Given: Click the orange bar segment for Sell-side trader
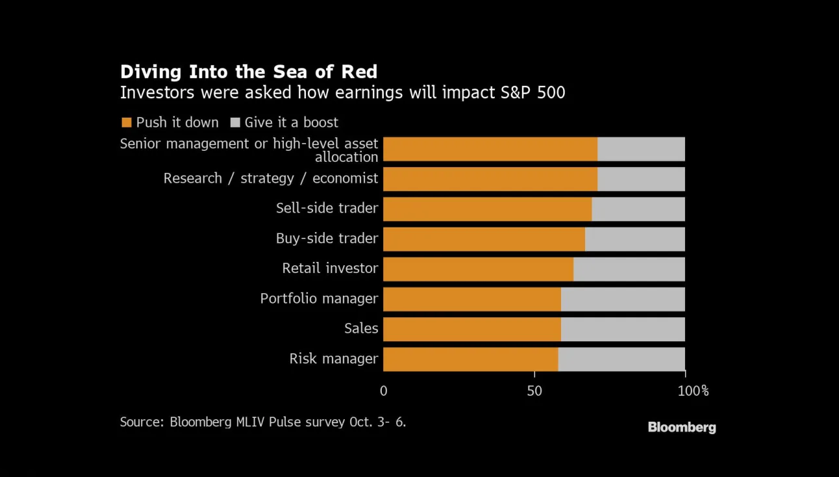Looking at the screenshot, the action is coord(487,209).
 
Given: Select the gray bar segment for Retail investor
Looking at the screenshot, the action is coord(629,269).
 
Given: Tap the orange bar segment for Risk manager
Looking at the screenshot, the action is coord(470,359).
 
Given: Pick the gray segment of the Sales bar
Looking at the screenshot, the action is coord(623,329).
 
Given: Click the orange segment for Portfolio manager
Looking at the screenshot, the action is coord(472,299).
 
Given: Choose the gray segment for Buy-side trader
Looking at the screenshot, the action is coord(635,239).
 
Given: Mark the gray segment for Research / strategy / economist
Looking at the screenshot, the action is coord(641,179).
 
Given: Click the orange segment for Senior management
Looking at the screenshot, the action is coord(490,149).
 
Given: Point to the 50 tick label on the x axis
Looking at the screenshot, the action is coord(534,391).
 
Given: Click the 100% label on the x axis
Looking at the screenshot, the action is coord(694,391).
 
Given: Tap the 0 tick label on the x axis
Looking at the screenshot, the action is coord(384,391).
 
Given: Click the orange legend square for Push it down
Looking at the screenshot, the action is coord(127,123).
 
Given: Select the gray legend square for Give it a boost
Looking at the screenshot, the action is coord(235,123).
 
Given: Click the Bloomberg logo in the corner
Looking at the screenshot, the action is coord(682,428).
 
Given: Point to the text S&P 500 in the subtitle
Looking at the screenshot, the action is coord(533,92).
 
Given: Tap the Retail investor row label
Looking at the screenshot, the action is coord(330,268).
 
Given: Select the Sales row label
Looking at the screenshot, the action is coord(361,328).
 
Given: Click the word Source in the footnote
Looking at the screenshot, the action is coord(142,422).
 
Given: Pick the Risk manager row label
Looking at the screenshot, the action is coord(334,359).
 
